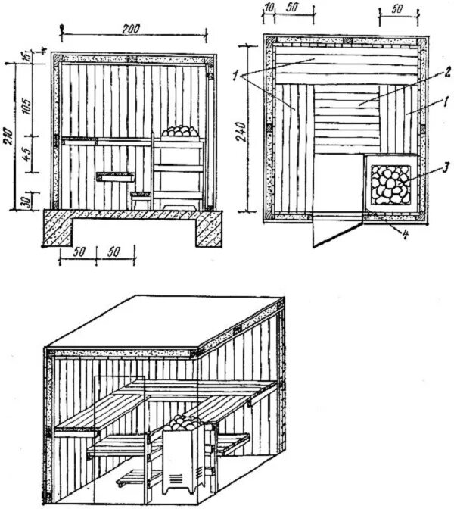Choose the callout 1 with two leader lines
[240, 74]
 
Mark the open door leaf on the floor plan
[337, 230]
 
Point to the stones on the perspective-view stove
[187, 424]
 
